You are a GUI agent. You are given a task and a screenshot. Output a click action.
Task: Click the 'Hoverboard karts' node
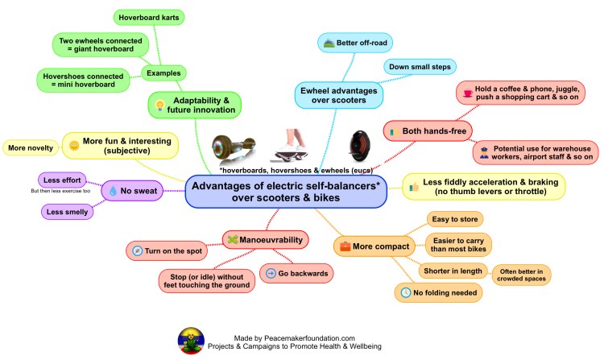149,15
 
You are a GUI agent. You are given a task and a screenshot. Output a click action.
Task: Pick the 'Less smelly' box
66,211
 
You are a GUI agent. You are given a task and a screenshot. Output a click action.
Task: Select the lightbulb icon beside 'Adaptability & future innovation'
159,106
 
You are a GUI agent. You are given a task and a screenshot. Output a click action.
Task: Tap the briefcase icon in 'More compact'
345,245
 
